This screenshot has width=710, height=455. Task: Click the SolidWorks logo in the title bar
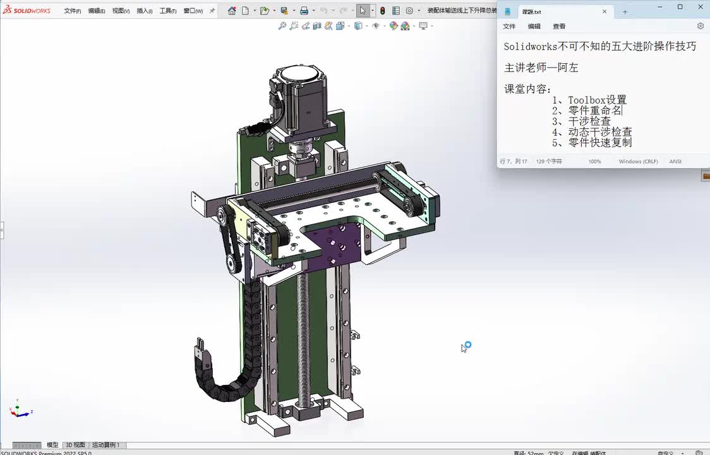27,11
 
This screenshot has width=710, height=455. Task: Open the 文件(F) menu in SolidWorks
72,11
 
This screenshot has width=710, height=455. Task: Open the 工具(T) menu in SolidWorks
168,11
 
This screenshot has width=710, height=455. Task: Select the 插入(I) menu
144,11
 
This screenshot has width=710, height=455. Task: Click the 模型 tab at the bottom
52,445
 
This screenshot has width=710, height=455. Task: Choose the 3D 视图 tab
75,445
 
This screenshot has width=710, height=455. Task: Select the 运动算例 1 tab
105,445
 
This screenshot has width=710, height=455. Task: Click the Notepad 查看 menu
559,27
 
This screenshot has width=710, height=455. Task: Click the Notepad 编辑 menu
534,27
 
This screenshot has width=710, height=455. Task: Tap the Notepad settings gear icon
700,26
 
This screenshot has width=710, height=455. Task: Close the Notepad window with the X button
699,7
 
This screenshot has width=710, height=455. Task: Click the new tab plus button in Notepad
625,11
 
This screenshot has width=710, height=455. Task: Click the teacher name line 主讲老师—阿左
541,68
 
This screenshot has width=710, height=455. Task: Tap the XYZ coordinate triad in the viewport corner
20,410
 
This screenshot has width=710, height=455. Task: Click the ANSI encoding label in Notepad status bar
675,162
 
